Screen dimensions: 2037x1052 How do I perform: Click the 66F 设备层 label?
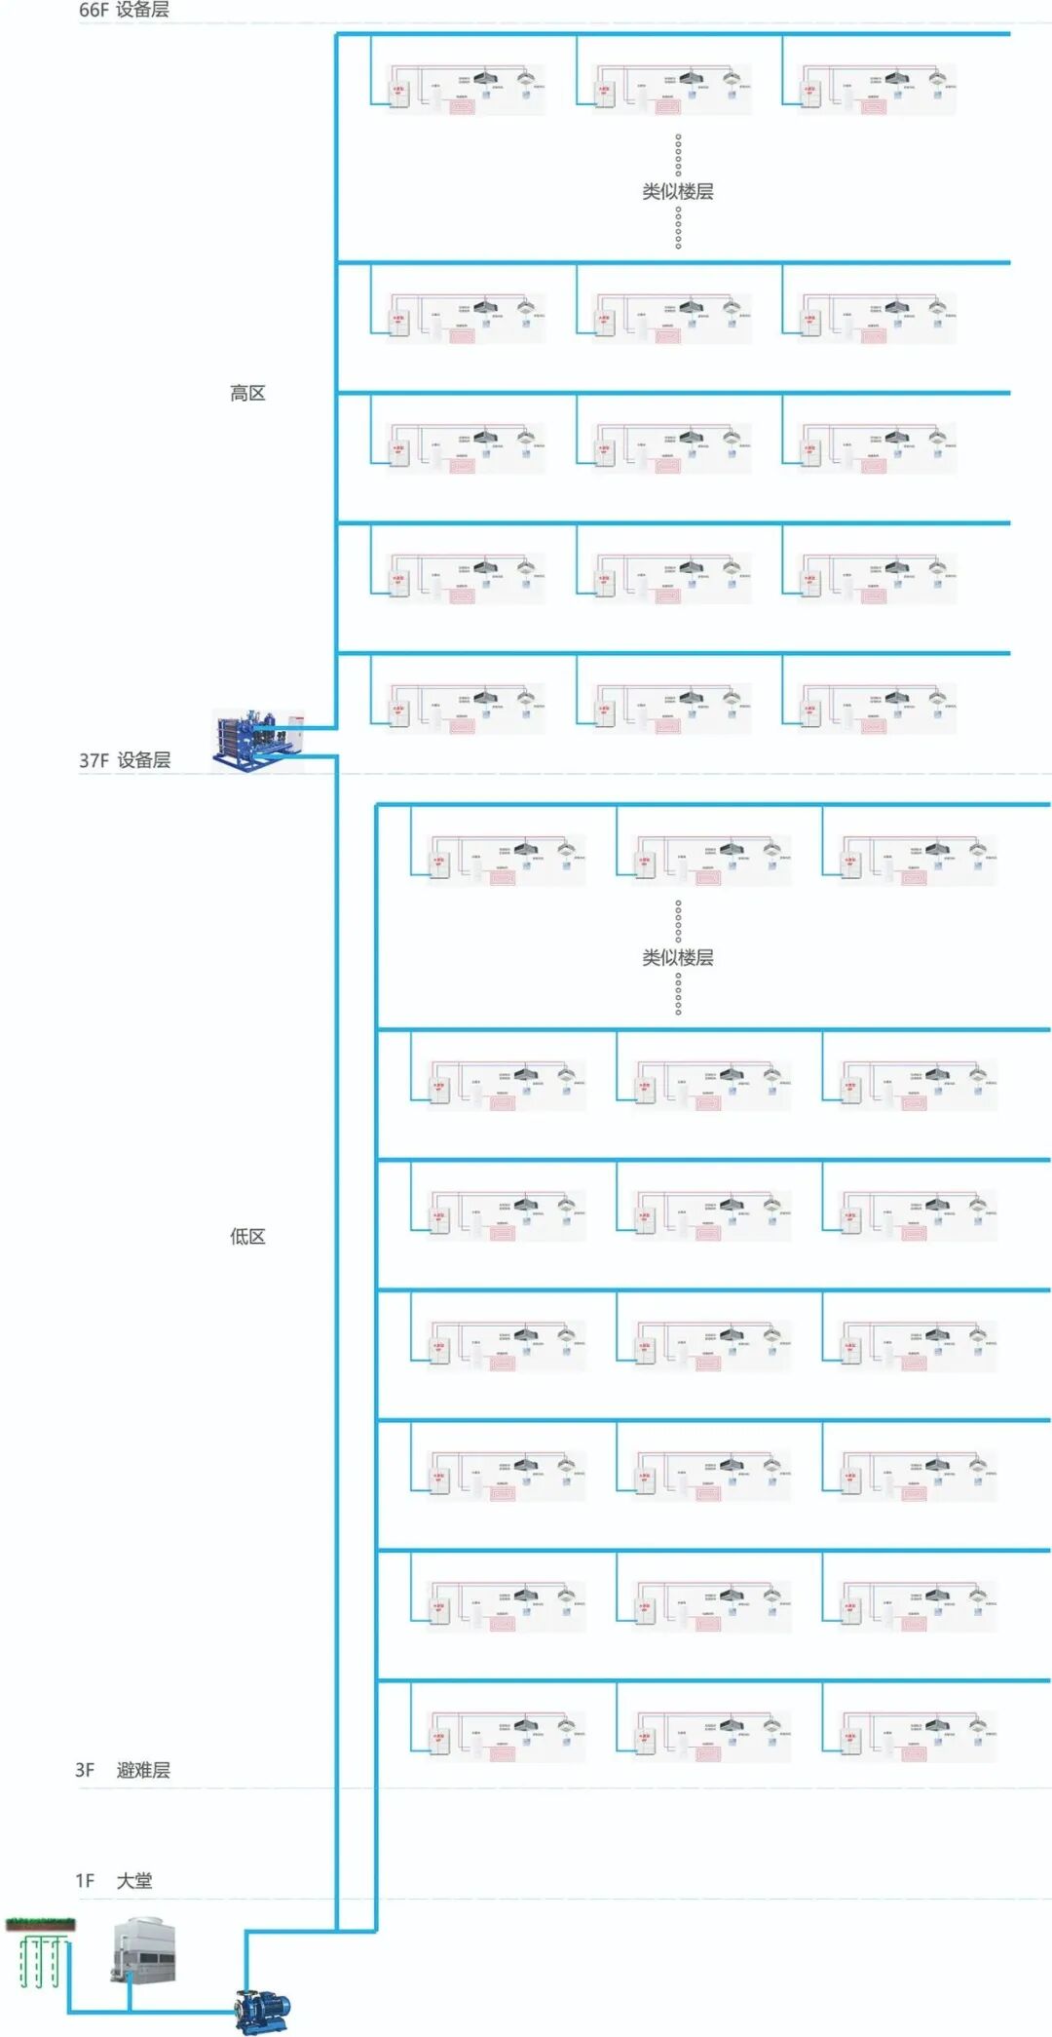[124, 11]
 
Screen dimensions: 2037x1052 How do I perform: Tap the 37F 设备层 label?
[125, 760]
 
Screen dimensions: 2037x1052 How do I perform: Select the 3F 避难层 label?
[123, 1770]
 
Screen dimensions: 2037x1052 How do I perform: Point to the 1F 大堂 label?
[114, 1880]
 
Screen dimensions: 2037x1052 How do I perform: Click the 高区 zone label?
[247, 393]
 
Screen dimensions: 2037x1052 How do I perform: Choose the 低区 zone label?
[247, 1236]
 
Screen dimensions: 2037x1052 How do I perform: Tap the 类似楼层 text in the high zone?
[678, 191]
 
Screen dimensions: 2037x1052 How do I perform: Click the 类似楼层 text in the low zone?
[678, 957]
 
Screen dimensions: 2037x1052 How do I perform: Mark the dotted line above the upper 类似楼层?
[678, 154]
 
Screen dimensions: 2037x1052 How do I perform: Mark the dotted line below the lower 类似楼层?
[678, 994]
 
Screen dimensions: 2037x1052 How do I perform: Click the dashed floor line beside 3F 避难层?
[584, 1788]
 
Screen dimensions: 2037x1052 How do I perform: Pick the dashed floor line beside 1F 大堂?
[584, 1899]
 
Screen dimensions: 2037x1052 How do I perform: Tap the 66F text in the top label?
[94, 11]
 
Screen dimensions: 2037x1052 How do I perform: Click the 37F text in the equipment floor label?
[94, 760]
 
